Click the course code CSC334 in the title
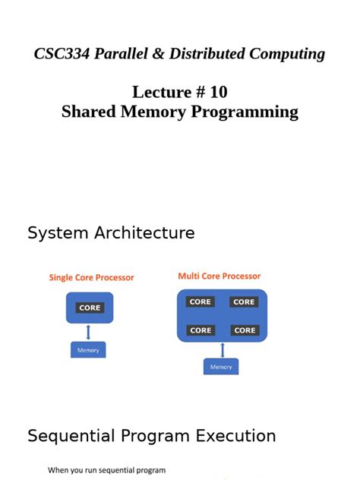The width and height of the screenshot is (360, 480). (62, 54)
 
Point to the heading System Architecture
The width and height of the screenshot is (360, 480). (111, 233)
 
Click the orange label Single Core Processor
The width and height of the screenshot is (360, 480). (91, 278)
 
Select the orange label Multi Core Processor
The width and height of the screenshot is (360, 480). (219, 276)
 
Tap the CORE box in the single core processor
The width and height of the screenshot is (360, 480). (89, 308)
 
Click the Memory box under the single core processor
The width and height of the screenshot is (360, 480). (88, 350)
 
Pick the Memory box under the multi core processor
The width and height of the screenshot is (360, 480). (221, 367)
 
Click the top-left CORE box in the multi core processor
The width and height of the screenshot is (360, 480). (201, 302)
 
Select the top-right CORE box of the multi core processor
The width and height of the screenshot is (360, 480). (244, 302)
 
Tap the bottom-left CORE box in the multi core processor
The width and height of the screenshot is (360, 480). (201, 330)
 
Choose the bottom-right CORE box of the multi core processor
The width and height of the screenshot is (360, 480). (245, 330)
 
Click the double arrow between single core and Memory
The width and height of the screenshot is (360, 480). (89, 332)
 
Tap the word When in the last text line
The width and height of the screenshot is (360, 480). (58, 470)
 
